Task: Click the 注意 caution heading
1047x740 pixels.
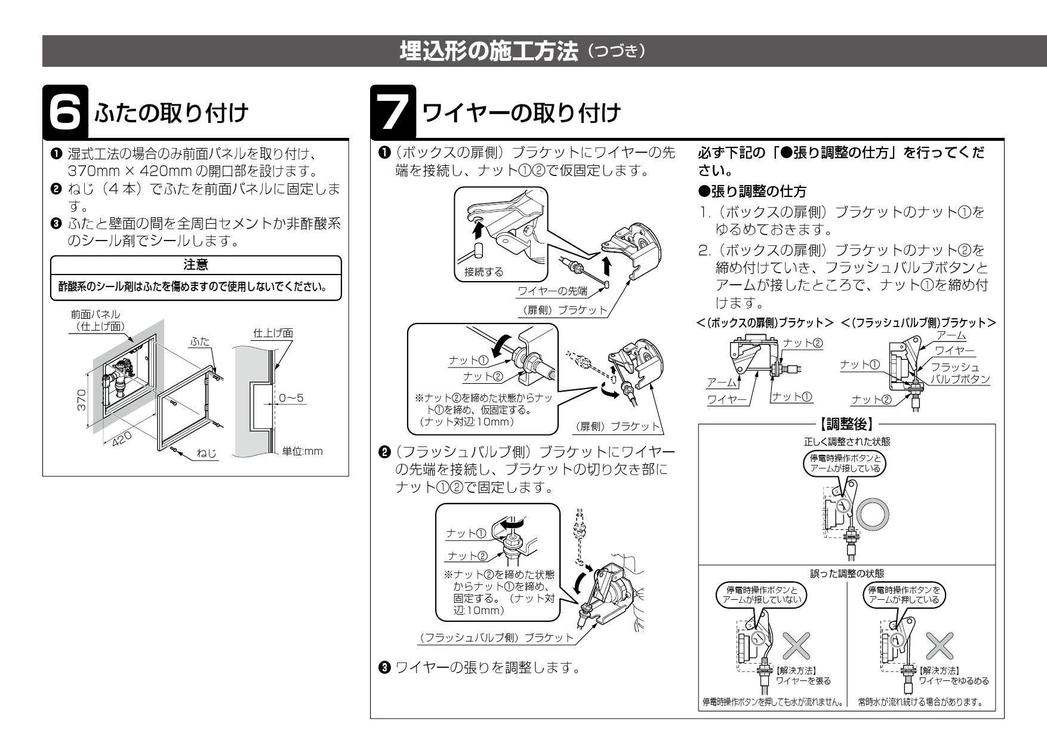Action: [196, 263]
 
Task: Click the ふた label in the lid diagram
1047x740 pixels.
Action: [198, 341]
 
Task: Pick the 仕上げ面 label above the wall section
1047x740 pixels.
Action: [273, 332]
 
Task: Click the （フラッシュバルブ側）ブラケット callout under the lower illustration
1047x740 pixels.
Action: [496, 638]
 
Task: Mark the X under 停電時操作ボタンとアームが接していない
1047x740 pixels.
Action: [796, 645]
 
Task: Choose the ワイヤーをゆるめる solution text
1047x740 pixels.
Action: [953, 680]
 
